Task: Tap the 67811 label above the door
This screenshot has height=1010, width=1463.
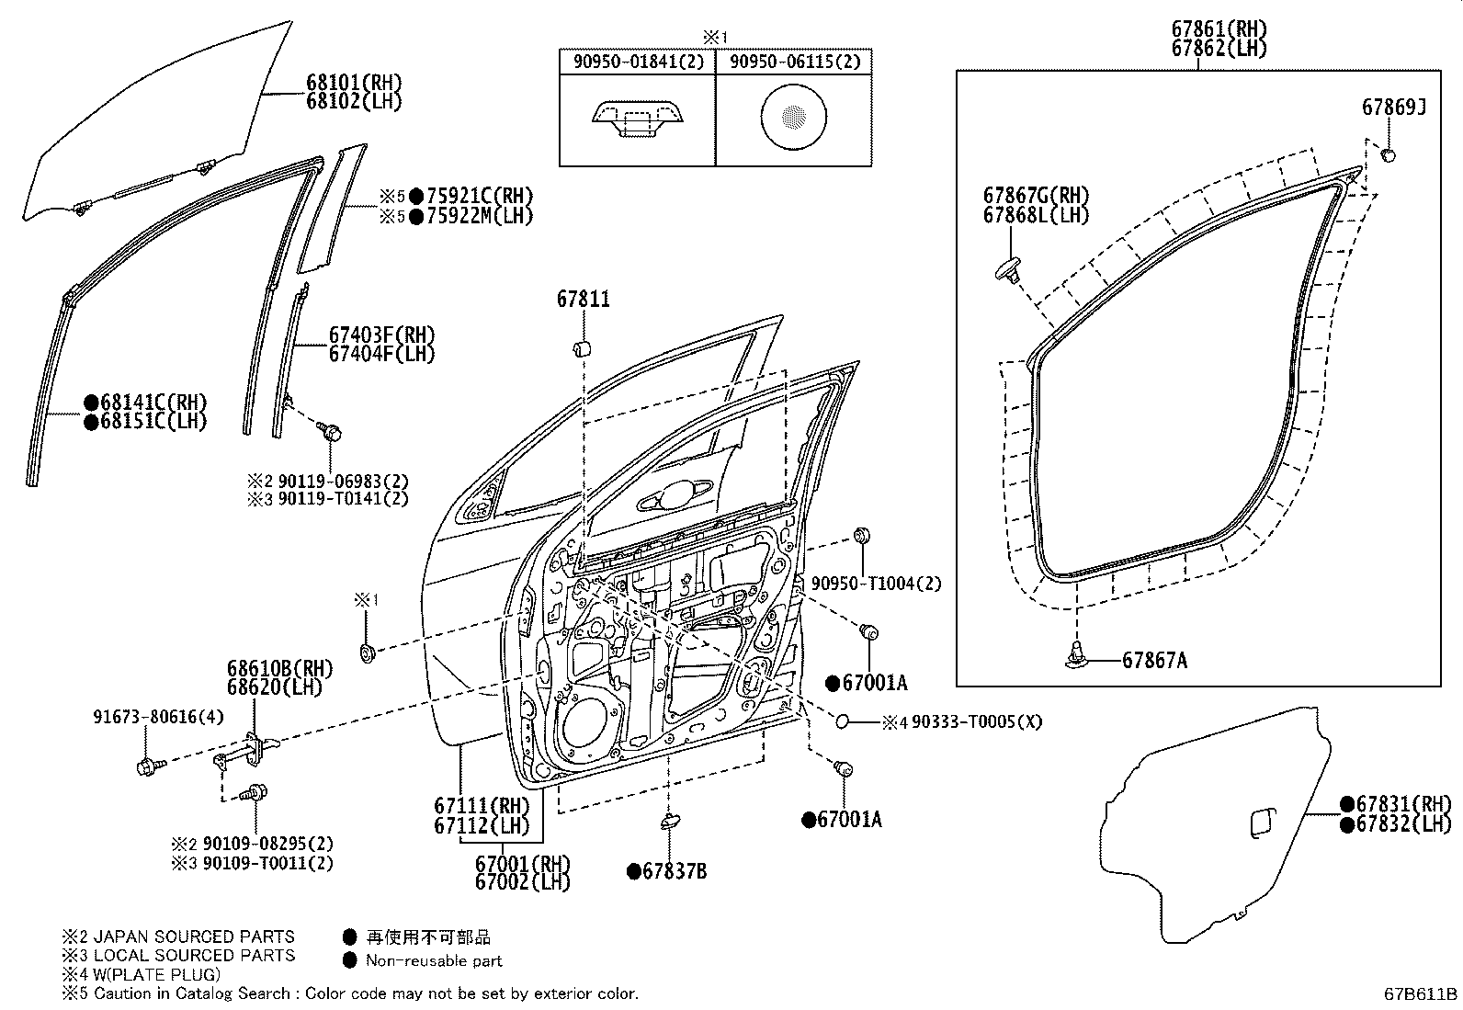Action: click(583, 300)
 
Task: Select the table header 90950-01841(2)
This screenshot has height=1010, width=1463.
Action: click(637, 62)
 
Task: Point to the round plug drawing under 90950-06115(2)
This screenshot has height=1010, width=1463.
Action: click(793, 116)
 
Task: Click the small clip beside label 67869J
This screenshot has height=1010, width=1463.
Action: click(1389, 153)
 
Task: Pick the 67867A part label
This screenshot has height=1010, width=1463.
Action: click(1154, 660)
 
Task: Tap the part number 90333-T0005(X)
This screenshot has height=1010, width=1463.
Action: click(977, 722)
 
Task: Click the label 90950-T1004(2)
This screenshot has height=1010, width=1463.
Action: click(876, 584)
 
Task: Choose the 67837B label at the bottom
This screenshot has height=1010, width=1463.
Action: click(674, 871)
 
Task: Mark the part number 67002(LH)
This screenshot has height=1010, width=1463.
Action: click(522, 882)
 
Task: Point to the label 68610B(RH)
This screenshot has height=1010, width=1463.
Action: click(279, 668)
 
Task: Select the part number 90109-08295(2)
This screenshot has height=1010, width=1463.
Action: click(267, 844)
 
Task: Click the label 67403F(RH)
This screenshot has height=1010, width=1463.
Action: click(381, 335)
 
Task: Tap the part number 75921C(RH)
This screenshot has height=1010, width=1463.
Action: click(479, 196)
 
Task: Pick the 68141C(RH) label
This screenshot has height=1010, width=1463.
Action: click(153, 403)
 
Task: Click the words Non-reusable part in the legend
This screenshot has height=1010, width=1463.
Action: click(434, 961)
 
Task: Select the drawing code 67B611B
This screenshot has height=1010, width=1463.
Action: click(1422, 993)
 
